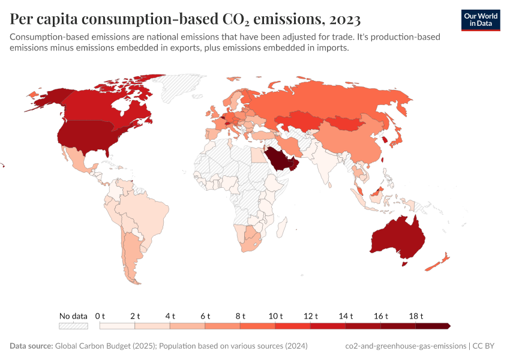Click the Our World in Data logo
480,20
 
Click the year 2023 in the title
344,19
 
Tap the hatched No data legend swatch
73,326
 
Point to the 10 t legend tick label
275,316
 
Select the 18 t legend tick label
416,316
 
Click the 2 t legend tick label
135,316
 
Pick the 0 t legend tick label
100,316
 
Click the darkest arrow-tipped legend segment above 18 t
433,326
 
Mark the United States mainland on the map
84,138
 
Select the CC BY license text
487,346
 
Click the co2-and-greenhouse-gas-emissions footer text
406,346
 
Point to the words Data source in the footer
31,346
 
